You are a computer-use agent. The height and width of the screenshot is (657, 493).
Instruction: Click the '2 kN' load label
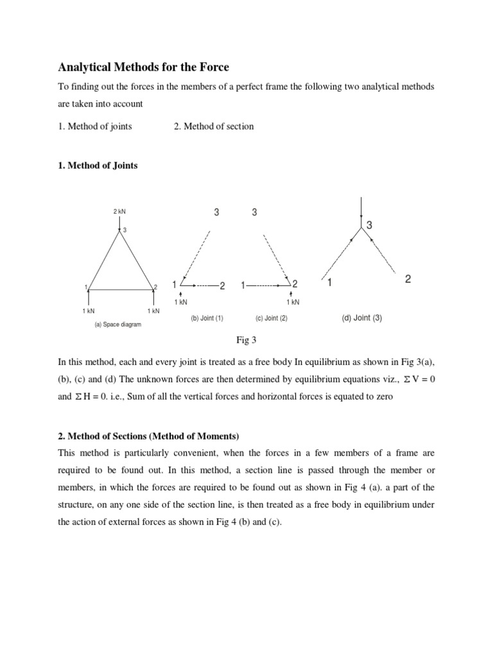pos(120,212)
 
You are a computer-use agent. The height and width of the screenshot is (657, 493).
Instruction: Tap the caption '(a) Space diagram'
pos(117,325)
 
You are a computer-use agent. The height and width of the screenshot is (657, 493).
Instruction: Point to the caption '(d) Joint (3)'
pos(361,318)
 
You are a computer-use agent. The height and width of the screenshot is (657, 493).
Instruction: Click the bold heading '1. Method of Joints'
pos(98,166)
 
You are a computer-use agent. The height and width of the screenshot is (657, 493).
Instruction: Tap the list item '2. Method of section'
pos(213,126)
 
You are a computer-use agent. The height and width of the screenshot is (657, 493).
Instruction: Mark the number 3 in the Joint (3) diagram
pos(370,225)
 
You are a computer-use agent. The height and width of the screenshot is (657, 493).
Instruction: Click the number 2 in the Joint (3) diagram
pos(408,280)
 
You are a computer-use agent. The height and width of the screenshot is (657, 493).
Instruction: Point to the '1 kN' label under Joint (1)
pos(182,302)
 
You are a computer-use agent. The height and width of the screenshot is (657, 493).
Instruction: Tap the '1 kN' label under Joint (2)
pos(293,302)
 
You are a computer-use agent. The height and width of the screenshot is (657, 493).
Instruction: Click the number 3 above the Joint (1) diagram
pos(216,213)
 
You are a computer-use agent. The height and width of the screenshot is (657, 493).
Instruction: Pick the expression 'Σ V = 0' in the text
pos(413,379)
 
